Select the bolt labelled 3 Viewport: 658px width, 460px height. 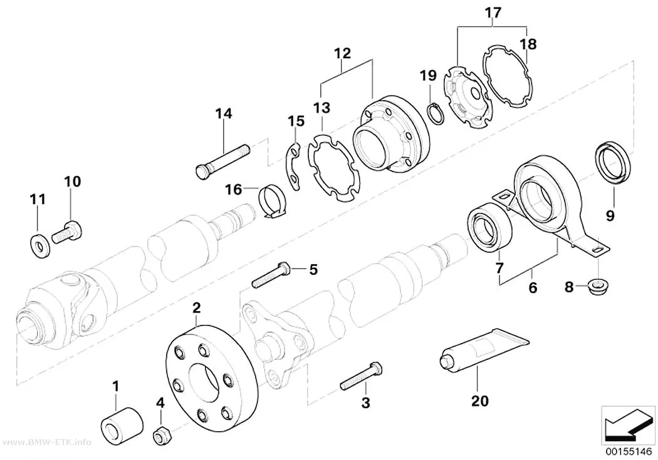point(361,376)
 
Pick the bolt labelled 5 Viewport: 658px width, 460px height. point(271,275)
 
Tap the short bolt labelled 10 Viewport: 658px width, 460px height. point(67,233)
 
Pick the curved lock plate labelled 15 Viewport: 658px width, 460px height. point(295,166)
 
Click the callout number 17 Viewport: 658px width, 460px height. point(493,13)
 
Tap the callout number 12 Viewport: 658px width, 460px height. point(342,53)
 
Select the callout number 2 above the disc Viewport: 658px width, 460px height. point(196,309)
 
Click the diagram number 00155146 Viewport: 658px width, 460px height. point(628,452)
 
